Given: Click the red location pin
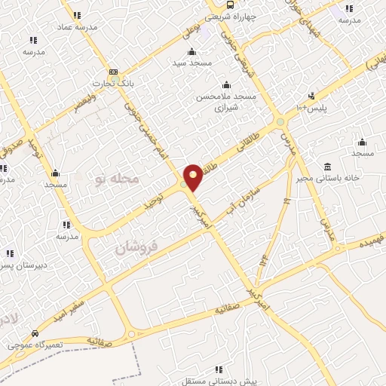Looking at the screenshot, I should (x=193, y=176).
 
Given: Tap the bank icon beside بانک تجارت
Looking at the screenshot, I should (x=113, y=72).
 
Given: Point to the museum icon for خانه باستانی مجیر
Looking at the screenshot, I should (x=326, y=166).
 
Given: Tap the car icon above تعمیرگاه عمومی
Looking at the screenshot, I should (x=35, y=332).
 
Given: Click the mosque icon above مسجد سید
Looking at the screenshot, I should (x=191, y=51).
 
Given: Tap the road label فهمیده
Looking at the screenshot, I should (x=372, y=240).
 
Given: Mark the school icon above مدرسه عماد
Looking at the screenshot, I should (x=76, y=14).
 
